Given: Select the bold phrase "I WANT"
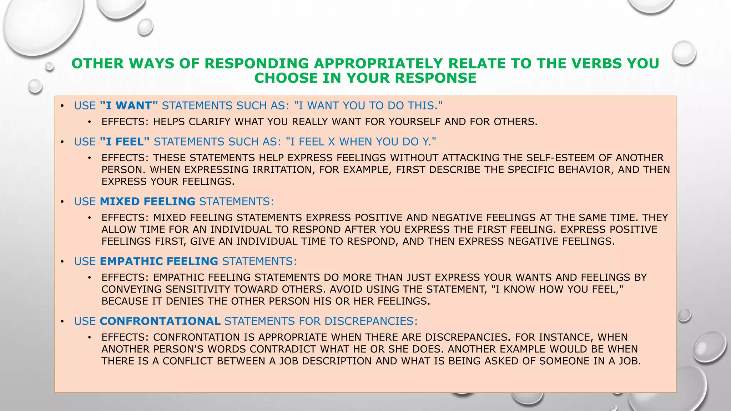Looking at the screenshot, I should [x=129, y=106].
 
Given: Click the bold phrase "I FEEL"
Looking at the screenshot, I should [x=125, y=142].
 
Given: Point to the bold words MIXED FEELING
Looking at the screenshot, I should [x=147, y=202].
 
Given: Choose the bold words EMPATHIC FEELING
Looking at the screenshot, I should [x=159, y=262].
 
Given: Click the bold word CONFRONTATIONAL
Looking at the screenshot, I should [x=160, y=321].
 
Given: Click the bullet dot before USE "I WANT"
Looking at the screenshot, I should [x=62, y=106].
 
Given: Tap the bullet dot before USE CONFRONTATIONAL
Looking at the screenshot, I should [x=62, y=321].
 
